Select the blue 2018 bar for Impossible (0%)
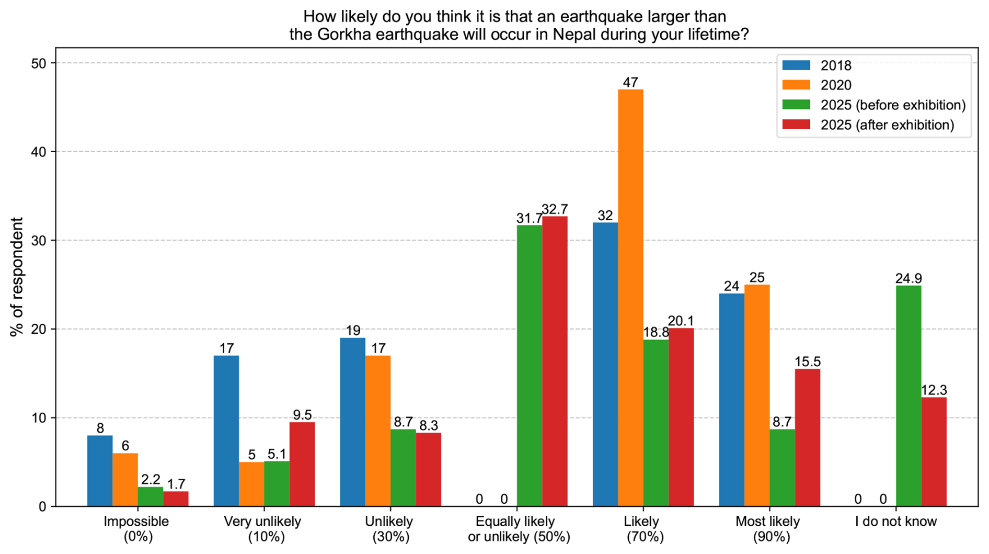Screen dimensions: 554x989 [x=100, y=470]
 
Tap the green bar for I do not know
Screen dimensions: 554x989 [x=908, y=395]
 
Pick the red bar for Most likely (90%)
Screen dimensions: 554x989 [x=807, y=437]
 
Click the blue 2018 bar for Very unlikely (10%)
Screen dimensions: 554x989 [x=226, y=431]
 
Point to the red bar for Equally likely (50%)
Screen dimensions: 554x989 [x=555, y=361]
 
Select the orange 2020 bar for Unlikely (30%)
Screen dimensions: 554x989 [x=378, y=431]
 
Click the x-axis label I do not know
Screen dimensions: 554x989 [x=896, y=522]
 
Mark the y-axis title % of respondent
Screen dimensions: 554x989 [x=17, y=277]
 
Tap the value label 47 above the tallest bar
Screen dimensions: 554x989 [x=630, y=82]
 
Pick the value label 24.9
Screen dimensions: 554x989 [x=908, y=278]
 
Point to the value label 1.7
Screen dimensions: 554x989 [x=176, y=484]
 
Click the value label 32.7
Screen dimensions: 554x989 [x=555, y=209]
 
